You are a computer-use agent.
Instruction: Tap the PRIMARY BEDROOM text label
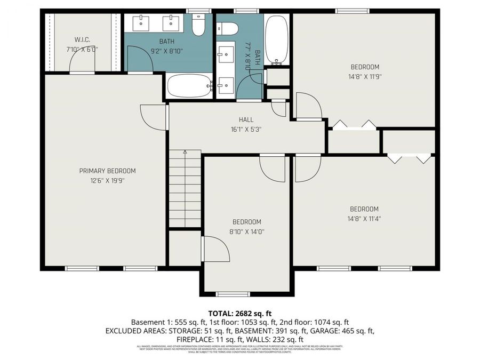tap(107, 171)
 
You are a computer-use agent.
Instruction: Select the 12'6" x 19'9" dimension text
tap(107, 180)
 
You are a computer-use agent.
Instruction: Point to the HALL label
tap(246, 119)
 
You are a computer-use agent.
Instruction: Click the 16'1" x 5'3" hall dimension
tap(246, 129)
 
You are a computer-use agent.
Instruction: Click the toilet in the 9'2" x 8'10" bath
tap(198, 25)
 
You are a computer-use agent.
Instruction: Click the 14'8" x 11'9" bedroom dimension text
tap(365, 76)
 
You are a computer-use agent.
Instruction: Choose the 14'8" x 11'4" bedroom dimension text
tap(364, 218)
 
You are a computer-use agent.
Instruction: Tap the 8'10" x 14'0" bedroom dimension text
tap(246, 231)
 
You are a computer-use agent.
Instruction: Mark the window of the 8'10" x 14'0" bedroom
tap(233, 294)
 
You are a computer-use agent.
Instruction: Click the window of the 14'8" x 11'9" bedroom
tap(352, 11)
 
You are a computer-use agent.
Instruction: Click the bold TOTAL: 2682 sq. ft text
tap(239, 313)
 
